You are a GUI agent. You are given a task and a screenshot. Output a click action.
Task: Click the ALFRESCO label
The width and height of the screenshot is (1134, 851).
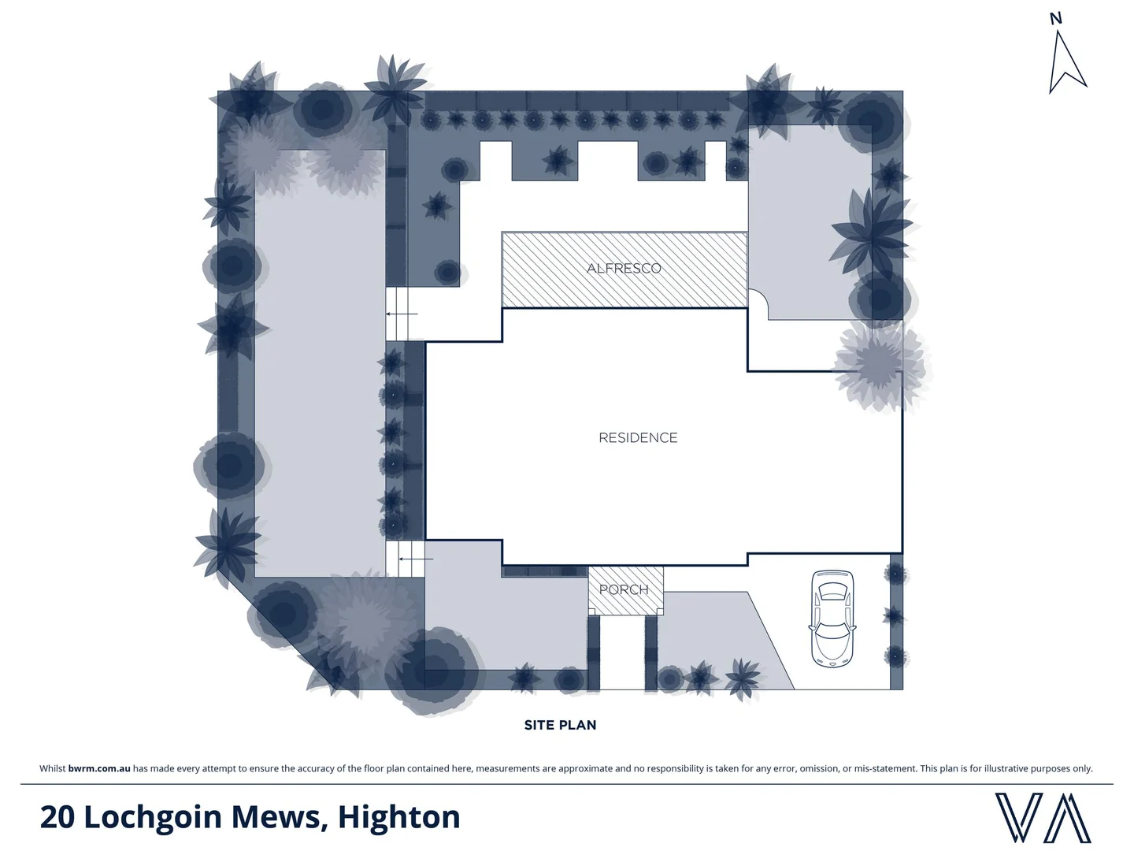point(624,268)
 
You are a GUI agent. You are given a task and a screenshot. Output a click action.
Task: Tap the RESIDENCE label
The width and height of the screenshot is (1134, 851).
point(638,437)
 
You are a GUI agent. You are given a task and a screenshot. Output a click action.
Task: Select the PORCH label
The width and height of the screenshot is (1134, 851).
point(624,589)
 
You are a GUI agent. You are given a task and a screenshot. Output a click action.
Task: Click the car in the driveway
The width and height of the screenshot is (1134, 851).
point(832,619)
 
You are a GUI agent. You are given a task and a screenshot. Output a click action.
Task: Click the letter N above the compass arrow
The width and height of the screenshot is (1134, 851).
point(1056,18)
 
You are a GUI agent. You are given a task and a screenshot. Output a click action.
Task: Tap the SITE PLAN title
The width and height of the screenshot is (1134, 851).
point(560,725)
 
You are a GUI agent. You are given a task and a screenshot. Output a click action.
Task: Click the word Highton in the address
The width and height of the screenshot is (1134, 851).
point(398,817)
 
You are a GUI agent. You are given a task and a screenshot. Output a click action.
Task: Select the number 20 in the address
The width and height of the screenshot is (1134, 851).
point(57,817)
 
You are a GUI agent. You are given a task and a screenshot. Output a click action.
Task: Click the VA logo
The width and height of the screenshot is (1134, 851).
point(1043,817)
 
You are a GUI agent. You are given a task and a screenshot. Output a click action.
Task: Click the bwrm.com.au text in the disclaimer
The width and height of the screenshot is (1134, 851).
point(99,768)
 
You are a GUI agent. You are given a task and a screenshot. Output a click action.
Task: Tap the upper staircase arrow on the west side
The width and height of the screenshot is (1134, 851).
point(402,314)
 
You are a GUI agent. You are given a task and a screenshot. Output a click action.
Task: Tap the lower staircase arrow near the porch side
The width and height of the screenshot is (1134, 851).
point(416,559)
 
